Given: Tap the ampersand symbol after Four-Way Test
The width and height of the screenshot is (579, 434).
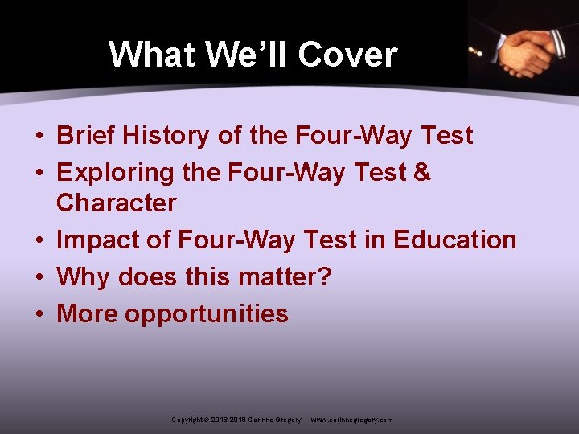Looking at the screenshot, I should (x=422, y=173).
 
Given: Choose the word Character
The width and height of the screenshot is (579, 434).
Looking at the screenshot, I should (x=116, y=203).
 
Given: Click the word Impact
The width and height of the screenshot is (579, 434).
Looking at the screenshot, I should (x=94, y=240).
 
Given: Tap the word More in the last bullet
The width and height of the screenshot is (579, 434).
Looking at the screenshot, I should (x=87, y=313).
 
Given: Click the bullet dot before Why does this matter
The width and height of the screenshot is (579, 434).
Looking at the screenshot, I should (x=39, y=277).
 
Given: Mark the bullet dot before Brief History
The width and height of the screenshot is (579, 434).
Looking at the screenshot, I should (x=39, y=137).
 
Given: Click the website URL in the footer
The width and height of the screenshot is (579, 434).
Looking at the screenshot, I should (x=351, y=420).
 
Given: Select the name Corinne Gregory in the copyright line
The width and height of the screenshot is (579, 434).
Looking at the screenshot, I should (x=275, y=420).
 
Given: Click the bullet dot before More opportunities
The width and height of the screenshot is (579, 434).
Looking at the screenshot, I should (x=39, y=314).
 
